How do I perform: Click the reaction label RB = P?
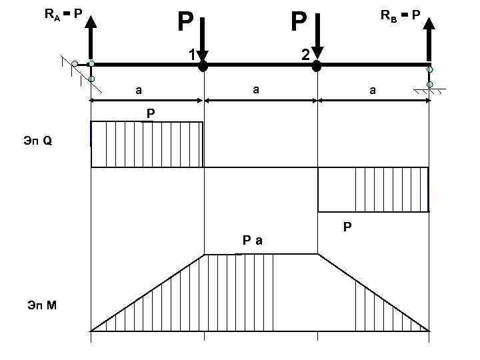400,14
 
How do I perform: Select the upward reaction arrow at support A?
91,37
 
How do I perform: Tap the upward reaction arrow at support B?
430,40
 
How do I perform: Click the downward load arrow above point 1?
203,37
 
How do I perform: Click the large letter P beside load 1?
185,23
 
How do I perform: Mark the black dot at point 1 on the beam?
203,66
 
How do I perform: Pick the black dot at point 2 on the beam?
317,66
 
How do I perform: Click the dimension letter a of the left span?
139,88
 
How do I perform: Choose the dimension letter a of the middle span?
255,88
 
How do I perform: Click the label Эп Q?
41,141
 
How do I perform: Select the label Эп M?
41,305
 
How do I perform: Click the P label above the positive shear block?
151,114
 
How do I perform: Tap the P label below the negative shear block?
347,227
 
